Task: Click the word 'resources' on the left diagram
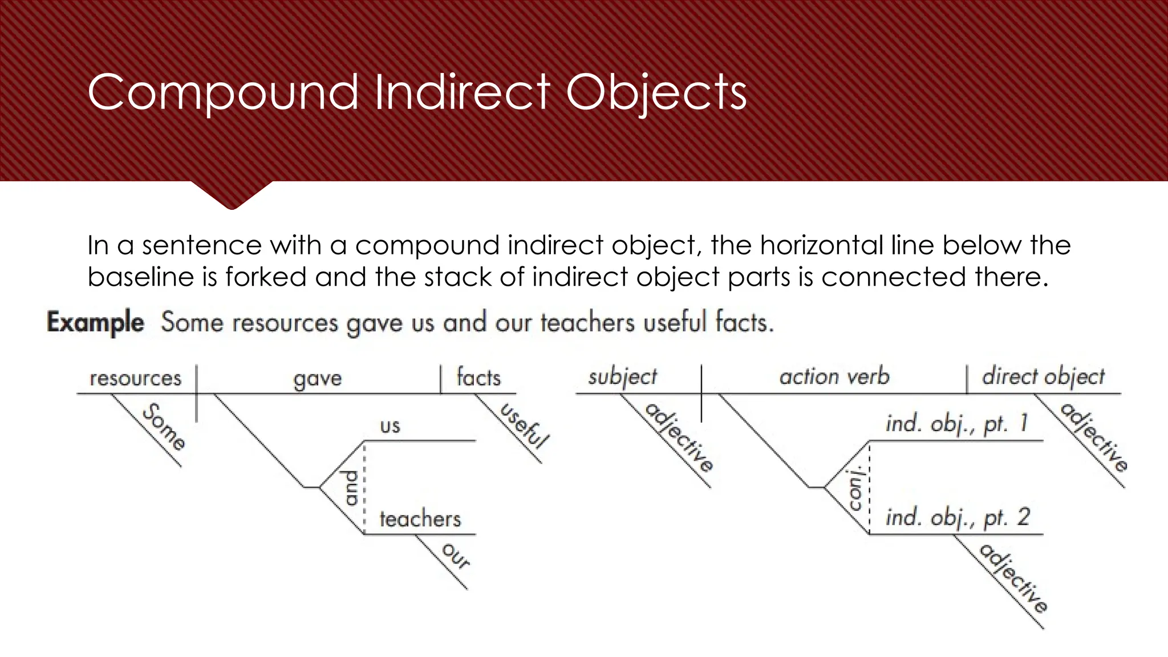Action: [136, 378]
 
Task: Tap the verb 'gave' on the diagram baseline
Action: [318, 379]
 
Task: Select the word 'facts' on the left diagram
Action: [478, 378]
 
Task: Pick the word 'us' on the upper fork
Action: [390, 425]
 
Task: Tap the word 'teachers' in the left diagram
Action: [420, 519]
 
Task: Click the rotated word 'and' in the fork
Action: [351, 488]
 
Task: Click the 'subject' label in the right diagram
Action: [623, 377]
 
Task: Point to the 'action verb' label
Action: [834, 376]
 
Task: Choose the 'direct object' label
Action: [1043, 376]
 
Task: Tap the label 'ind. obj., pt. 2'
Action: [958, 517]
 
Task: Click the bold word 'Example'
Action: [96, 322]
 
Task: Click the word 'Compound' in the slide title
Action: [223, 92]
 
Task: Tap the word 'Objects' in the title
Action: [656, 92]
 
